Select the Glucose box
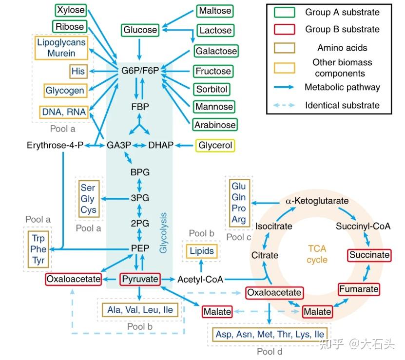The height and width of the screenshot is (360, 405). point(140,30)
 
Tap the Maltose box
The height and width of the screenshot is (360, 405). point(215,10)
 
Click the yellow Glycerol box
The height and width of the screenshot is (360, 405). point(214,145)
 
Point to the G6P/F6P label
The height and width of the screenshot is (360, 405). point(140,71)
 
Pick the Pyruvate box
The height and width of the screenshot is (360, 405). point(140,279)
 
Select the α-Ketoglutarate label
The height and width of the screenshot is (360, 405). point(316,201)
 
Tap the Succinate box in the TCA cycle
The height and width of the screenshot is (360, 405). point(369,255)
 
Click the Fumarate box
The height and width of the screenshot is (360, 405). point(359,289)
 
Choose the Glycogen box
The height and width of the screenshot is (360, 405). point(64,91)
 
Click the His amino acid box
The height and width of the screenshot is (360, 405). point(78,71)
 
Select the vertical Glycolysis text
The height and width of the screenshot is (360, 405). point(164,232)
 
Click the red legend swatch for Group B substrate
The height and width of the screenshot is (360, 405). point(281,30)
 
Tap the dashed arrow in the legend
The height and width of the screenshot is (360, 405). point(281,105)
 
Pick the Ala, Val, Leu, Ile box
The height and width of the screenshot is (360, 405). point(140,309)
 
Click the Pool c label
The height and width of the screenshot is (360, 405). point(239,237)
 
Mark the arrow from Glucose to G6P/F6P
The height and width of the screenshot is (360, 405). point(140,49)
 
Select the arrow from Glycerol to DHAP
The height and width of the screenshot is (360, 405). point(185,145)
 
